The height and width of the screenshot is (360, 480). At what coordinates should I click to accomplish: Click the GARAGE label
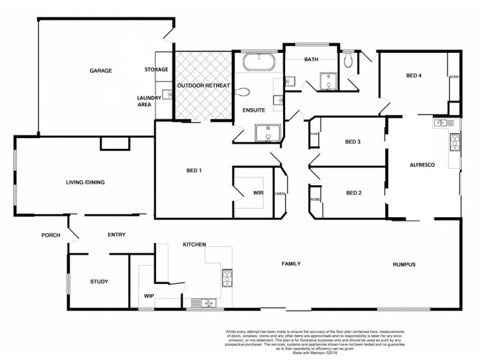(101, 70)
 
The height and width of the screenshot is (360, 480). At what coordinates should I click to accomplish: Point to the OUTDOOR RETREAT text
(203, 86)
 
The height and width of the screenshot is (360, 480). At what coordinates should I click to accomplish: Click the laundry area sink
(166, 94)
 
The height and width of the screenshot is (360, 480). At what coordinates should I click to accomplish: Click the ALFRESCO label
(422, 164)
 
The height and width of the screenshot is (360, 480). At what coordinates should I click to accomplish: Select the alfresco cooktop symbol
(454, 143)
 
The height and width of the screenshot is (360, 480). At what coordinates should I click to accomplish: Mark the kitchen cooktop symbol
(228, 277)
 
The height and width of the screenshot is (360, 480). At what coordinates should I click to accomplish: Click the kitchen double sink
(201, 303)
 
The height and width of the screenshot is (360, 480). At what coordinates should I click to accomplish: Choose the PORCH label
(51, 235)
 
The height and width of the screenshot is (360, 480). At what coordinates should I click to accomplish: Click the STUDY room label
(99, 281)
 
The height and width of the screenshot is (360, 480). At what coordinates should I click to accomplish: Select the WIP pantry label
(149, 296)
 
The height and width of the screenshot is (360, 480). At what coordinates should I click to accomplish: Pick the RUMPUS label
(404, 265)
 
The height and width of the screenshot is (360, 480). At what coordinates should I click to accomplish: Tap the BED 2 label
(356, 193)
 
